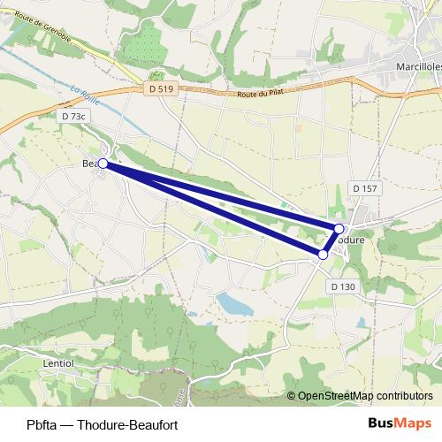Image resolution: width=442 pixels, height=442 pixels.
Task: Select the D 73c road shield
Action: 74,116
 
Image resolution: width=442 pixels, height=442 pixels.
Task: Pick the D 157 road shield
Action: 364,188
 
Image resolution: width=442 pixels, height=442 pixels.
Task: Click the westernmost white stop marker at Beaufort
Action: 103,164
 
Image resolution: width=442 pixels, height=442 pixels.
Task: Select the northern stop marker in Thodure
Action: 339,229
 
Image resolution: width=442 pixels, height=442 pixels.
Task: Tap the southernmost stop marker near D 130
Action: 323,255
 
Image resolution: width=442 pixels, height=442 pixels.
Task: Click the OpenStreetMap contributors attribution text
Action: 365,396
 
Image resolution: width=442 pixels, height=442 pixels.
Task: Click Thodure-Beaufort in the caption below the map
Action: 128,424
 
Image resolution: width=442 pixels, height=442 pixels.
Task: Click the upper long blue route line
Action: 221,196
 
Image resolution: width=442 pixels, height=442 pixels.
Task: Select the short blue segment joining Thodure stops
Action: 331,241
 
